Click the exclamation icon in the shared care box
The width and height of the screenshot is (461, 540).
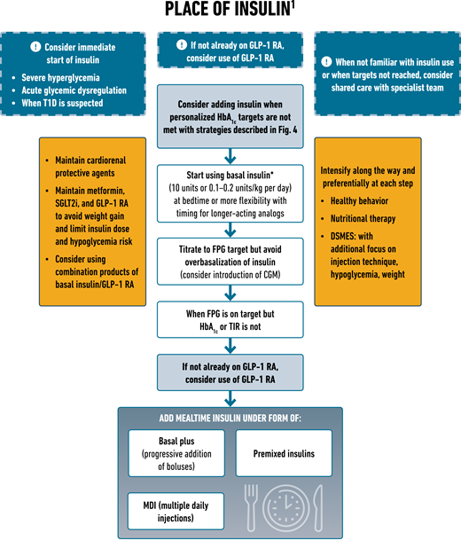click(x=327, y=63)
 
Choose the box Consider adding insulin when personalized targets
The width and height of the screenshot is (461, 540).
click(x=230, y=112)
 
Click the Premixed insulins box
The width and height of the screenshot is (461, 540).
click(x=284, y=451)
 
